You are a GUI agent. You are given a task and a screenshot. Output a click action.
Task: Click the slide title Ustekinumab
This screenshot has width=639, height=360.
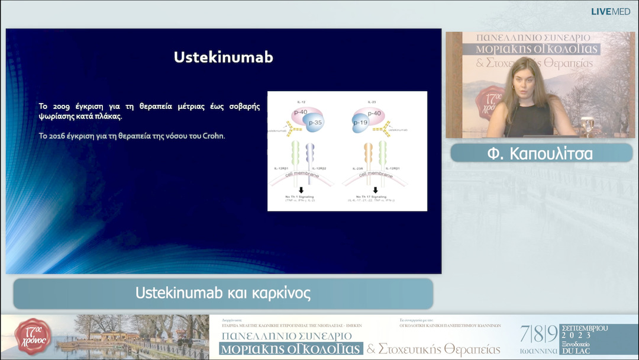point(223,57)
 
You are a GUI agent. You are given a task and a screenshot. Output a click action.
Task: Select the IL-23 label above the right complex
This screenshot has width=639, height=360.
point(372,102)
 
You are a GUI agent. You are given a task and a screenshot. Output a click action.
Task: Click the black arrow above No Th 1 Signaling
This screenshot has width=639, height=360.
point(301,190)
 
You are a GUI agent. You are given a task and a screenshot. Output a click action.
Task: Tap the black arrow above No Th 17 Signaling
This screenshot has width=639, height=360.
point(375,190)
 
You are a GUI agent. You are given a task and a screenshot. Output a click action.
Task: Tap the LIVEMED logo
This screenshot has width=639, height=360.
point(611,11)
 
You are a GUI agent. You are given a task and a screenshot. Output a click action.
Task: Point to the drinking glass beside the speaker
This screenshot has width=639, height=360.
point(586,126)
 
